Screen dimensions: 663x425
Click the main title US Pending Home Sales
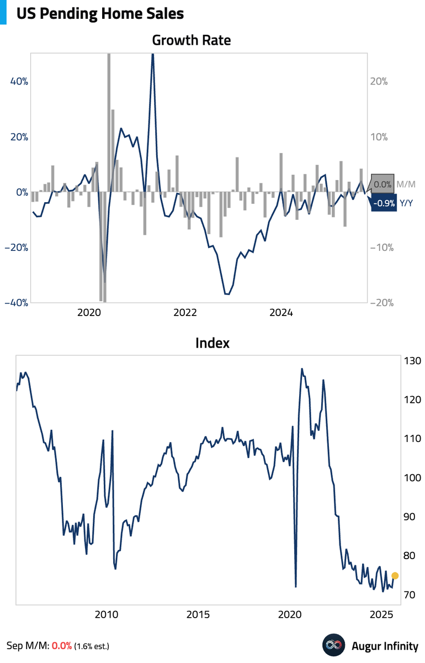(x=100, y=13)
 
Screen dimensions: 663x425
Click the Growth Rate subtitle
(x=191, y=40)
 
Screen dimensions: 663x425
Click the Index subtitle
(x=212, y=343)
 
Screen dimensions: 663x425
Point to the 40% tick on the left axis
(x=19, y=81)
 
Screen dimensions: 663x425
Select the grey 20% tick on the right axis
(x=378, y=81)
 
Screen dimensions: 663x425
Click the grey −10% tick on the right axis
(x=378, y=248)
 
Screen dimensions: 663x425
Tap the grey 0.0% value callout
(x=382, y=184)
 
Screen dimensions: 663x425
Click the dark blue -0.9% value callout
(x=384, y=203)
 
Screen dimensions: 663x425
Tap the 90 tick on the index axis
(x=411, y=517)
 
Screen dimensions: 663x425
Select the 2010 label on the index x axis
(x=106, y=614)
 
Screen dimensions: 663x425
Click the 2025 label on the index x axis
(x=381, y=614)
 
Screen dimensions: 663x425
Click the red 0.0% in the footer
(x=62, y=646)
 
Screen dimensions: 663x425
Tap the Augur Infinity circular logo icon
(x=333, y=645)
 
